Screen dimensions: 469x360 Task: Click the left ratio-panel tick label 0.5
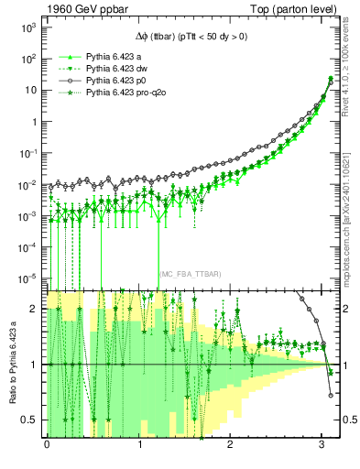[x=30, y=420]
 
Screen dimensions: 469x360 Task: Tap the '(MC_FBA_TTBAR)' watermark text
[x=191, y=274]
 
